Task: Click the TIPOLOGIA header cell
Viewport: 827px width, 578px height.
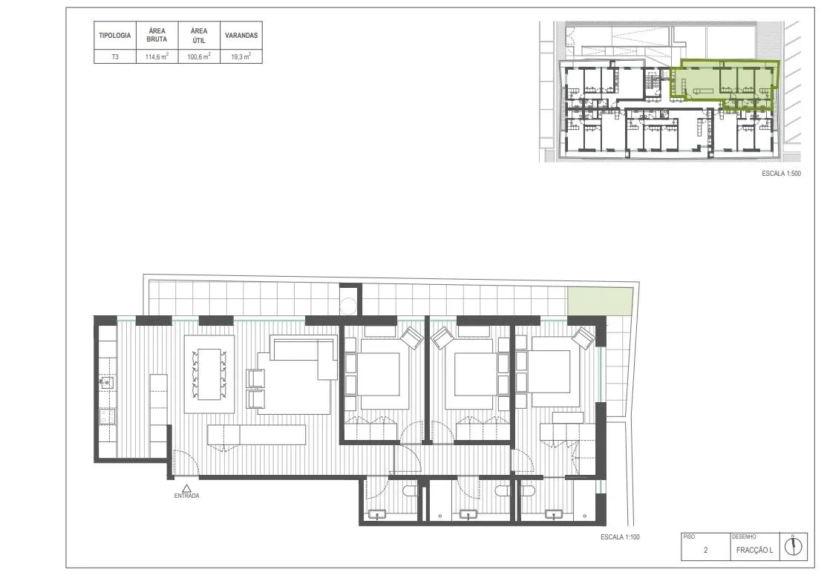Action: pos(114,36)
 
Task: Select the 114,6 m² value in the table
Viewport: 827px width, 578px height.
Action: pos(157,56)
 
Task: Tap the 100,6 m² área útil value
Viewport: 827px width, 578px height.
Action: pos(199,56)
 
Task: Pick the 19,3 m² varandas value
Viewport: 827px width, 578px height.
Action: pos(241,56)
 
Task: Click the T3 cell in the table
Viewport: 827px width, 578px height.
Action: pos(115,56)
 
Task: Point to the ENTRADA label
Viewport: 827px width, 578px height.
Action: pos(187,496)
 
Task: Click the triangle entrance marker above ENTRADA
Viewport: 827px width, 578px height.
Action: pos(187,487)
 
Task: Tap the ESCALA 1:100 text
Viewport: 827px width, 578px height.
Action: pos(620,537)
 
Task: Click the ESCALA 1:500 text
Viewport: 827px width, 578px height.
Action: pos(781,173)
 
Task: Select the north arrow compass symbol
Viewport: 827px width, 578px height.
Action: pos(793,546)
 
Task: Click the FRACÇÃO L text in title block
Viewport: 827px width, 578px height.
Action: pos(754,550)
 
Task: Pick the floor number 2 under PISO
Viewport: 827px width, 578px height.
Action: pos(706,550)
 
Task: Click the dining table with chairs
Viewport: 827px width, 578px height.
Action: pos(209,374)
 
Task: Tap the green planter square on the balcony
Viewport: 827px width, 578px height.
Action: pos(600,301)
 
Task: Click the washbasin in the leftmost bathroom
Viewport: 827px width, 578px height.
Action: pos(377,514)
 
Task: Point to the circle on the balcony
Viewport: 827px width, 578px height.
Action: pos(348,306)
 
